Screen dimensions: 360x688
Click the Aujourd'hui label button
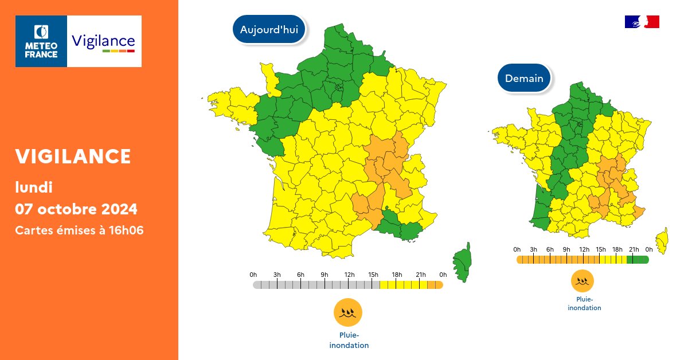pos(269,30)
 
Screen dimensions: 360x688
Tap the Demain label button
pos(524,78)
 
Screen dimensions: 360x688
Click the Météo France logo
pos(41,41)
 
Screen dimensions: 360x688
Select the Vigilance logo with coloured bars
pos(104,42)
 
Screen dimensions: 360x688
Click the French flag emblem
pos(642,22)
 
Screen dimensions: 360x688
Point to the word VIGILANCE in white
pos(73,156)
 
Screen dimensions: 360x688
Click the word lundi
pos(34,187)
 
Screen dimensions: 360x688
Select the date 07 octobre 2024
pos(76,208)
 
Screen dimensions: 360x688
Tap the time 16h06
pos(127,230)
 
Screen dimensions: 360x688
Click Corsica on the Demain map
pos(663,240)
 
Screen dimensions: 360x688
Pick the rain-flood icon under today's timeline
pos(348,312)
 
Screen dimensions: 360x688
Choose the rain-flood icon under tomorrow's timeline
pos(582,281)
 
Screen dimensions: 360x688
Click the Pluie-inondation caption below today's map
pos(349,341)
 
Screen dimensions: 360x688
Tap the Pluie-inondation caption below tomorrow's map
pos(584,304)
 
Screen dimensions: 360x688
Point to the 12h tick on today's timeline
pos(349,284)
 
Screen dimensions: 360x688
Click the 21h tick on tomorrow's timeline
pos(634,259)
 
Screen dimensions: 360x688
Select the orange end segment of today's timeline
pos(435,284)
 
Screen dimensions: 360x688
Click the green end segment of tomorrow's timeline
pos(641,259)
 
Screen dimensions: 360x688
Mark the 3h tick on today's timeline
pos(277,284)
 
